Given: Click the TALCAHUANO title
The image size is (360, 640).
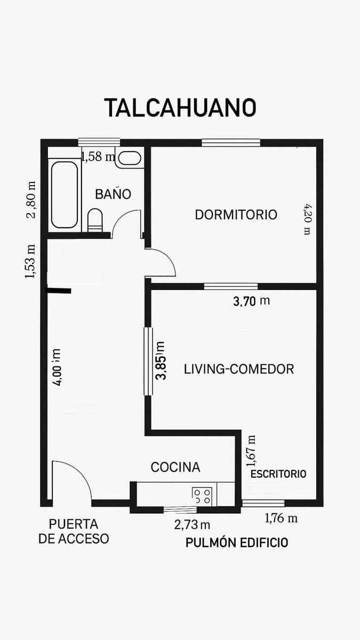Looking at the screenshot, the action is (x=180, y=107).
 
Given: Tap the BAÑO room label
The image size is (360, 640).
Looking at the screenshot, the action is (x=113, y=194).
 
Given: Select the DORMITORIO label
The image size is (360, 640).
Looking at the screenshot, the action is (x=236, y=214).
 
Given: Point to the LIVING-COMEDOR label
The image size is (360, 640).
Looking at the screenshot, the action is (x=239, y=369).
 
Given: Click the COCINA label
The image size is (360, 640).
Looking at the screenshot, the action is (x=175, y=467).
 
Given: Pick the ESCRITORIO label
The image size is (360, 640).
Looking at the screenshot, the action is (x=278, y=474).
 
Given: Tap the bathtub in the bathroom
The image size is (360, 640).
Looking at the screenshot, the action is (x=65, y=195).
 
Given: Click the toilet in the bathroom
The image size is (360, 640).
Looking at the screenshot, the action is (x=95, y=220).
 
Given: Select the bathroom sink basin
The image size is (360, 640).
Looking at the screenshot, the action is (x=130, y=158).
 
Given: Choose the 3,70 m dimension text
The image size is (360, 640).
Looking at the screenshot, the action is (x=251, y=301).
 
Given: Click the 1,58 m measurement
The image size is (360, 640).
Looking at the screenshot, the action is (x=98, y=157).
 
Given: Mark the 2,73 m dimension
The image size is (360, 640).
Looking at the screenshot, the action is (x=192, y=525).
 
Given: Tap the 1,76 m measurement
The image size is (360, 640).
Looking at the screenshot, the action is (x=281, y=518).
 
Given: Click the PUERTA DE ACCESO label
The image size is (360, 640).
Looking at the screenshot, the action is (x=74, y=531).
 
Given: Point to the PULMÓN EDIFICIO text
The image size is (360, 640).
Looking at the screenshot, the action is (x=237, y=542).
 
